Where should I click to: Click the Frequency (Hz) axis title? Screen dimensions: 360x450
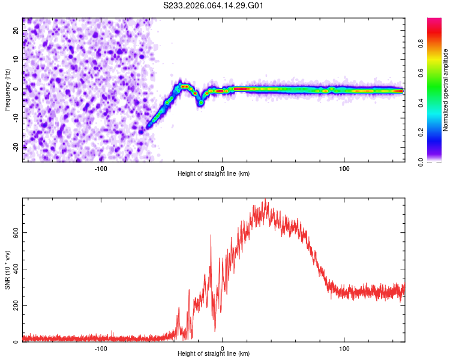pos(7,89)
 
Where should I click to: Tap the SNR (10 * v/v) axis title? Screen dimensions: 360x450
pos(7,270)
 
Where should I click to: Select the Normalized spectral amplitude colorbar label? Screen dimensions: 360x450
pos(445,90)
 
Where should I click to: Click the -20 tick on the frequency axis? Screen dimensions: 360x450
pos(16,146)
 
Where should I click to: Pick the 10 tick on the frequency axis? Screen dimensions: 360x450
pos(16,60)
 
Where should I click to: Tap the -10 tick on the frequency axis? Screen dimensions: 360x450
pos(16,118)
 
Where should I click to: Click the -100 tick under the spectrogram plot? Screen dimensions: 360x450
pos(100,168)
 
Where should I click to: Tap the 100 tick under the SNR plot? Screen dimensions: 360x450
pos(344,348)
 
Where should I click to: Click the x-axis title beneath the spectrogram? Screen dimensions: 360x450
pos(214,174)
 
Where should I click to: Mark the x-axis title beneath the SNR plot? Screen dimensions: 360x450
pos(214,354)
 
